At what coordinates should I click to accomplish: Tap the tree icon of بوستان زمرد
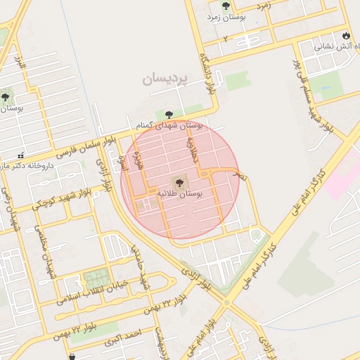click(225, 6)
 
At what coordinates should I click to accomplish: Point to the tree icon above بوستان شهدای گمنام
click(168, 114)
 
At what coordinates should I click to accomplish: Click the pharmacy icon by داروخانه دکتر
click(21, 155)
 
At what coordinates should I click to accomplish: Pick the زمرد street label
click(264, 6)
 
